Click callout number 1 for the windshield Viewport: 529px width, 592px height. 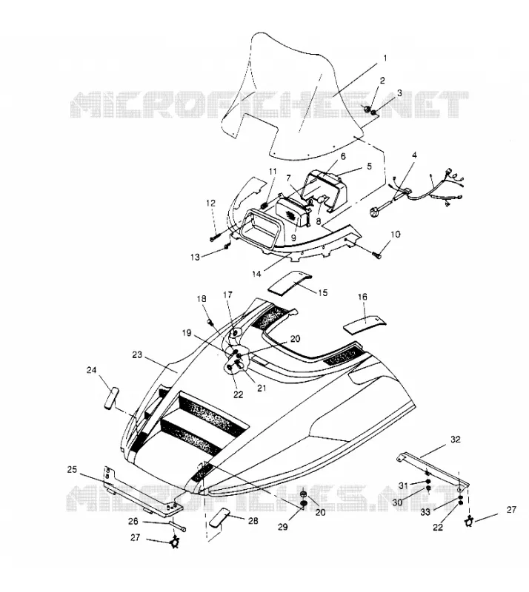[385, 58]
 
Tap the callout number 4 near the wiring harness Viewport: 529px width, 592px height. [414, 155]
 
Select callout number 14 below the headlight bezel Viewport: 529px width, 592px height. [257, 274]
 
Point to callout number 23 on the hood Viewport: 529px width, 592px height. [137, 355]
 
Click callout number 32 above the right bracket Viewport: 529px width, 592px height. [455, 440]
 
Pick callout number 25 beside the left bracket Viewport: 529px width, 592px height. [72, 470]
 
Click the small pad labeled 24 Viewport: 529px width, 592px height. [111, 397]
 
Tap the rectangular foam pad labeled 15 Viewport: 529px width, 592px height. [290, 282]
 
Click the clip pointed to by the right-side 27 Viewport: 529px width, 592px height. [469, 522]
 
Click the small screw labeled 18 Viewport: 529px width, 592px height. [210, 322]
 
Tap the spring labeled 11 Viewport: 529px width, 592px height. [264, 205]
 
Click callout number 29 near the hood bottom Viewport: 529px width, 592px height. [283, 527]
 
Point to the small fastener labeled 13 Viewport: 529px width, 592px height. [226, 246]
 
